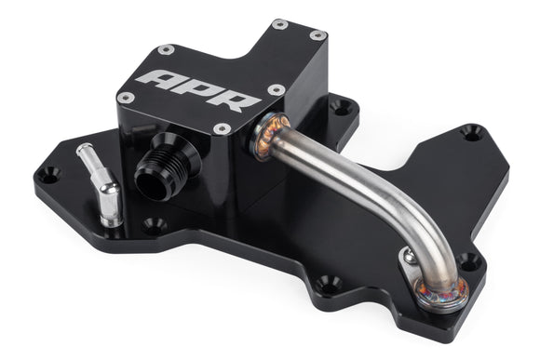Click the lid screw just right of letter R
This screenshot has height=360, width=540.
276,89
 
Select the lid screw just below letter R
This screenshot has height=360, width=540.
223,128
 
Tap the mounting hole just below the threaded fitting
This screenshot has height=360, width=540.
158,224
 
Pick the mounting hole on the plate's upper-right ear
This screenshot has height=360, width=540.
472,133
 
